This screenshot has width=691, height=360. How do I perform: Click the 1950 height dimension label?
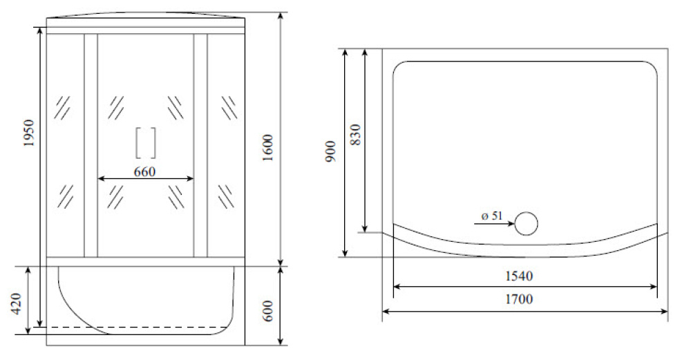point(29,133)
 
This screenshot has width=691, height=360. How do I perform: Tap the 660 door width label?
point(144,171)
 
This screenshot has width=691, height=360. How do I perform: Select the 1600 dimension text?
point(268,148)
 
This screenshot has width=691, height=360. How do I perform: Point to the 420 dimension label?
point(16,303)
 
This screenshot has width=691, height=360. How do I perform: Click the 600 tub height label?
point(268,311)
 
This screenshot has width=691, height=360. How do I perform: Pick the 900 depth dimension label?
point(331,151)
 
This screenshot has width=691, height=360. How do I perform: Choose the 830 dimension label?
point(356,135)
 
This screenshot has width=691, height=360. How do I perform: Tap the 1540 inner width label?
point(519,276)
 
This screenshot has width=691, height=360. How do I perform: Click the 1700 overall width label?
point(519,299)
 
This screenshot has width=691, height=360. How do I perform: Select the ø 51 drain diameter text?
point(492,216)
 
